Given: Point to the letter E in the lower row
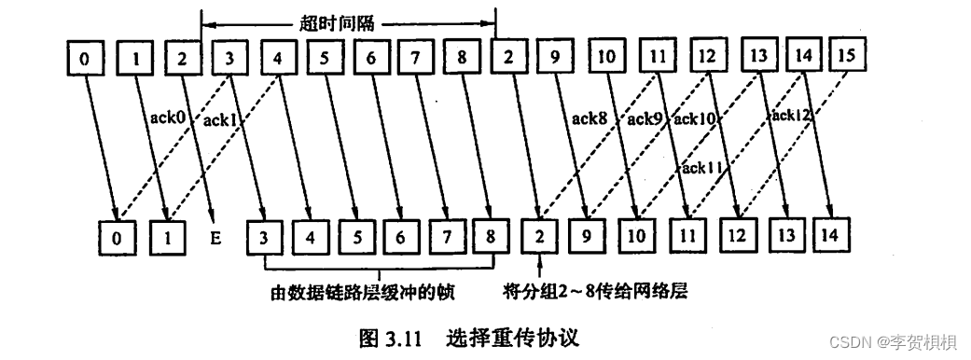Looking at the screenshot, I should [x=215, y=238].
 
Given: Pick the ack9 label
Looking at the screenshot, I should [x=645, y=118].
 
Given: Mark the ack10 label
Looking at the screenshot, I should [x=696, y=118].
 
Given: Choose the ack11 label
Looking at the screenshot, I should [x=701, y=168].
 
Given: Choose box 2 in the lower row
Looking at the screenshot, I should [x=538, y=236].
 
